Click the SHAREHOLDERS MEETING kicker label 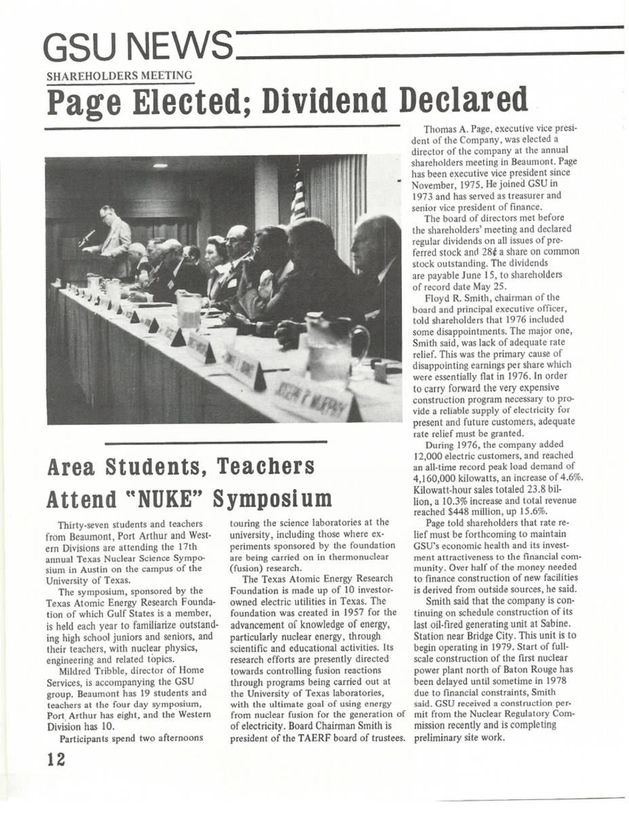(119, 76)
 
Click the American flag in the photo (298, 197)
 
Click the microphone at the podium (86, 237)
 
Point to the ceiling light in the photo (160, 165)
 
